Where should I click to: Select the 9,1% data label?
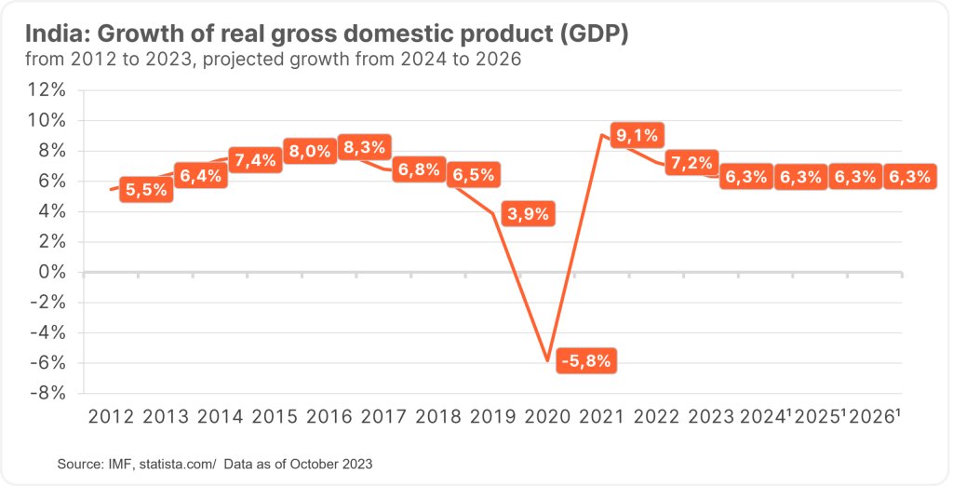636,136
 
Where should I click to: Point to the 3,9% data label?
529,213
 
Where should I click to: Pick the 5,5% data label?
146,189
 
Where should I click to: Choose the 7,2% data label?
691,164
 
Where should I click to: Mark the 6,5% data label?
474,175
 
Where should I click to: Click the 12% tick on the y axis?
47,90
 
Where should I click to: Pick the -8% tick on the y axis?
47,393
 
